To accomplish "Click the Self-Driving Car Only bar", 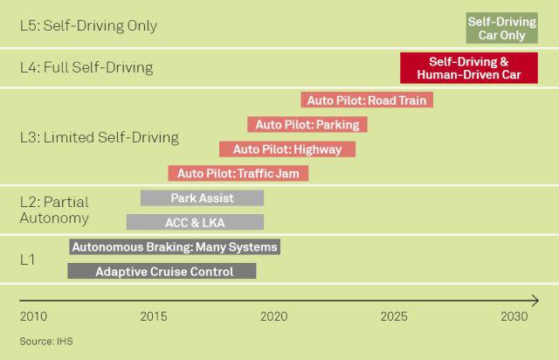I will point(501,28).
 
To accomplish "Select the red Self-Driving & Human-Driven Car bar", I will point(468,68).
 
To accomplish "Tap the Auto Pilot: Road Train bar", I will point(367,100).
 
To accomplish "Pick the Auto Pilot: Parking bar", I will point(307,125).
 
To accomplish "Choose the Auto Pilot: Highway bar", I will point(286,149).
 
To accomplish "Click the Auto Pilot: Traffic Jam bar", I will point(238,173).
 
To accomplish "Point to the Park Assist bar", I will point(202,198).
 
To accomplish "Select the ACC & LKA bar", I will point(195,222).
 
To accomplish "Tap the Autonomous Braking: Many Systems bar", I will point(175,247).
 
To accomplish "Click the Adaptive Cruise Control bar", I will point(162,272).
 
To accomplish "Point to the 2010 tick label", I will point(33,316).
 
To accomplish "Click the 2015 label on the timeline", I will point(154,316).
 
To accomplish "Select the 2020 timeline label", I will point(273,316).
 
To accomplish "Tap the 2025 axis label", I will point(394,316).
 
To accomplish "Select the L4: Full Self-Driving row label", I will point(86,67).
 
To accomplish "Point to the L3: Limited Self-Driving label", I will point(99,137).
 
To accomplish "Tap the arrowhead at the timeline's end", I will point(535,301).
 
